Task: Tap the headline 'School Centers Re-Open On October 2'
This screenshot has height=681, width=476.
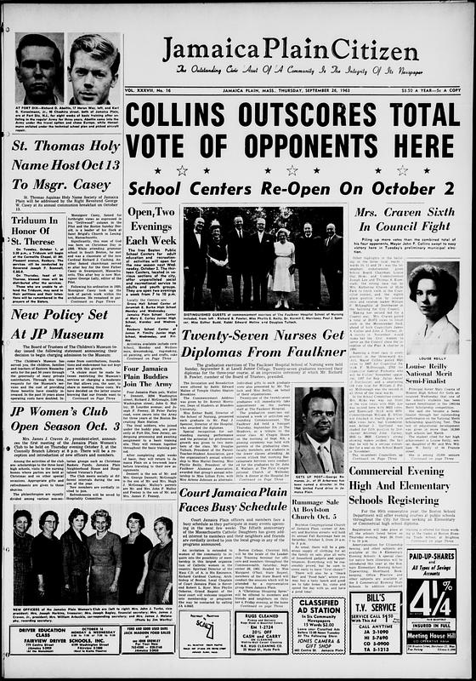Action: (305, 186)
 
